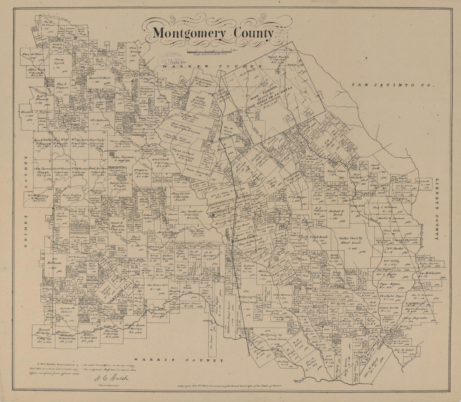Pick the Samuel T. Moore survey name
99,77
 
